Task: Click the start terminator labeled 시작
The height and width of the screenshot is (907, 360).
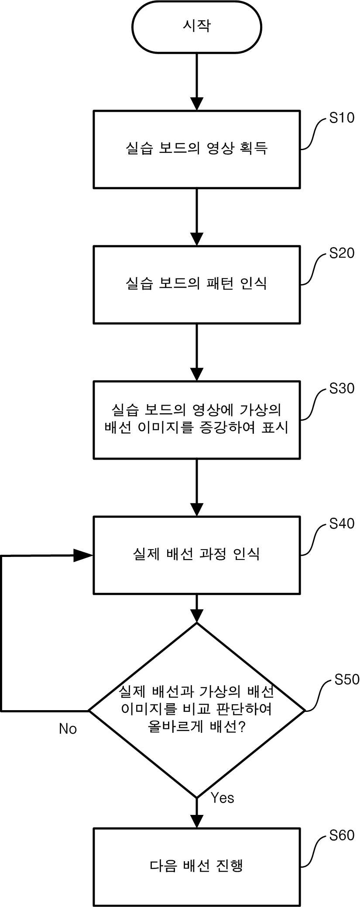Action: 197,27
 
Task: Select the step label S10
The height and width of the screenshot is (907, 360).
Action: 342,118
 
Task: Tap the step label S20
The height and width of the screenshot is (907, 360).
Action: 342,253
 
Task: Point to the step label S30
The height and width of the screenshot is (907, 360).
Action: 342,388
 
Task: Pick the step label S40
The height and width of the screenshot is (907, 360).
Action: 342,524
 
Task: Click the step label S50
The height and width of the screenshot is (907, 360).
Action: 347,679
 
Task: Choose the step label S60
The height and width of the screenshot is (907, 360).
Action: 342,835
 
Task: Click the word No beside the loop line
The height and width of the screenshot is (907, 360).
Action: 68,729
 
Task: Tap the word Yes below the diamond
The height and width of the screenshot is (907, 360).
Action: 223,798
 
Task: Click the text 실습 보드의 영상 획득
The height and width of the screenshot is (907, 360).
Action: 196,148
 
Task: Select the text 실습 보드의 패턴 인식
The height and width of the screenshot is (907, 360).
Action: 196,284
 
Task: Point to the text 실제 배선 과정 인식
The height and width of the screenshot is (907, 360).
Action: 196,554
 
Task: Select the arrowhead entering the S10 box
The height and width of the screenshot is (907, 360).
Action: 197,104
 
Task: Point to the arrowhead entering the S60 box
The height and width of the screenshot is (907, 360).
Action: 197,821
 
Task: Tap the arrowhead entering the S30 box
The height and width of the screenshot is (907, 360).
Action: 197,374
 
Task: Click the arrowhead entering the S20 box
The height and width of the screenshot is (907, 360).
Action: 197,239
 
